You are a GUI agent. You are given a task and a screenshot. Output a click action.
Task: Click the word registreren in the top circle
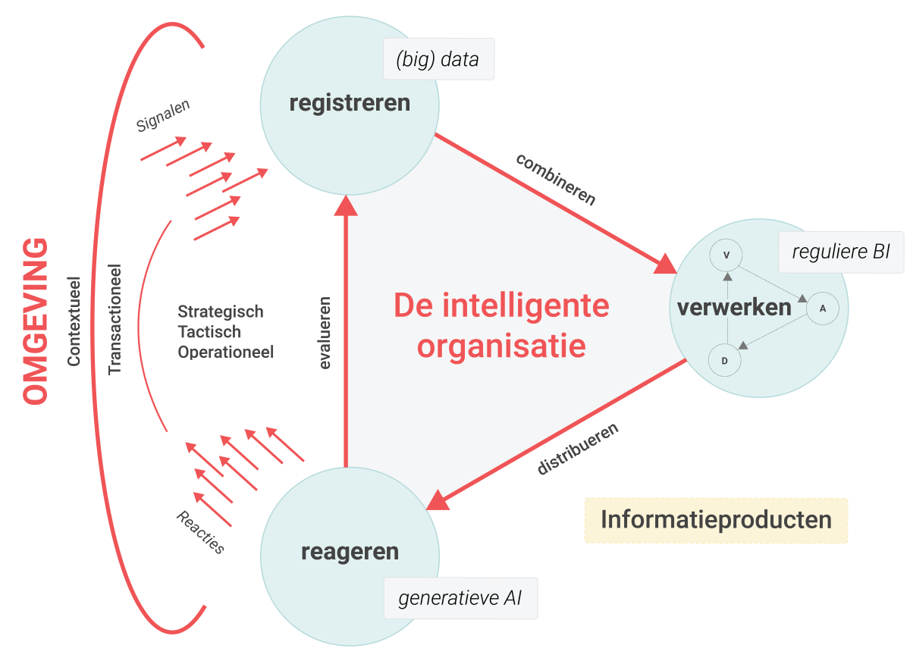point(350,102)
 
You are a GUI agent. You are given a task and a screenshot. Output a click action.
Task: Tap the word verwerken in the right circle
point(734,307)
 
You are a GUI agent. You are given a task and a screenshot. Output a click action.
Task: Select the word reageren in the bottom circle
point(350,551)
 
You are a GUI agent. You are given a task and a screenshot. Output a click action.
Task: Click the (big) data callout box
point(438,59)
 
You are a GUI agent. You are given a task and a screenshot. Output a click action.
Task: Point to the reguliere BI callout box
point(841,252)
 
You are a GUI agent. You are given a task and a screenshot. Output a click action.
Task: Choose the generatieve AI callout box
point(460,598)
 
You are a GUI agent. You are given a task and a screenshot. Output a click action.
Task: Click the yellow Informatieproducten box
point(716,521)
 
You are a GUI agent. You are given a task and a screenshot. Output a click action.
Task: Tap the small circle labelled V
point(726,255)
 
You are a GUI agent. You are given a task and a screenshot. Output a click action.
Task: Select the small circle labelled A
point(822,309)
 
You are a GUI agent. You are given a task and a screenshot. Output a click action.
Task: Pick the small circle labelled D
point(725,361)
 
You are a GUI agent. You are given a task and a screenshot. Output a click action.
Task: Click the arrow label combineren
point(556,179)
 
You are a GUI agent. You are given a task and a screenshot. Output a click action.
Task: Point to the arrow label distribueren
point(578,448)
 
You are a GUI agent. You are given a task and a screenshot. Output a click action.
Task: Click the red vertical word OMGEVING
point(36,321)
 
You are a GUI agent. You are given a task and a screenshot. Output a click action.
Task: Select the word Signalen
point(163,116)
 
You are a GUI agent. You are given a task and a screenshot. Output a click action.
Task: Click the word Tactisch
point(209,332)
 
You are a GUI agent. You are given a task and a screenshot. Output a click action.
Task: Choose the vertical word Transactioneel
point(115,318)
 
